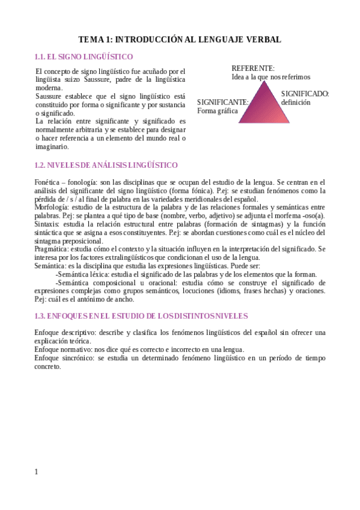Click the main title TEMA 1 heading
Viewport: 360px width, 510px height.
coord(180,40)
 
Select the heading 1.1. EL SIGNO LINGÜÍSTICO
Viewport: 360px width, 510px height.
coord(84,57)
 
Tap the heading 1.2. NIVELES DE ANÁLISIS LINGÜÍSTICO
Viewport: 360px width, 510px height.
coord(106,165)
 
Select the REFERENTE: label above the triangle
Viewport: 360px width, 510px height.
coord(253,69)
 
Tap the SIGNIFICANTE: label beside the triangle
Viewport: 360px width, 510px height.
coord(222,102)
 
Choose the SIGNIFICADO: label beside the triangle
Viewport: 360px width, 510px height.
coord(305,94)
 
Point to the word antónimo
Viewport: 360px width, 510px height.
coord(97,299)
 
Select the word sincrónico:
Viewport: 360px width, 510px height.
coord(78,358)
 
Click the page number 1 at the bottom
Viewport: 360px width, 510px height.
coord(36,472)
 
